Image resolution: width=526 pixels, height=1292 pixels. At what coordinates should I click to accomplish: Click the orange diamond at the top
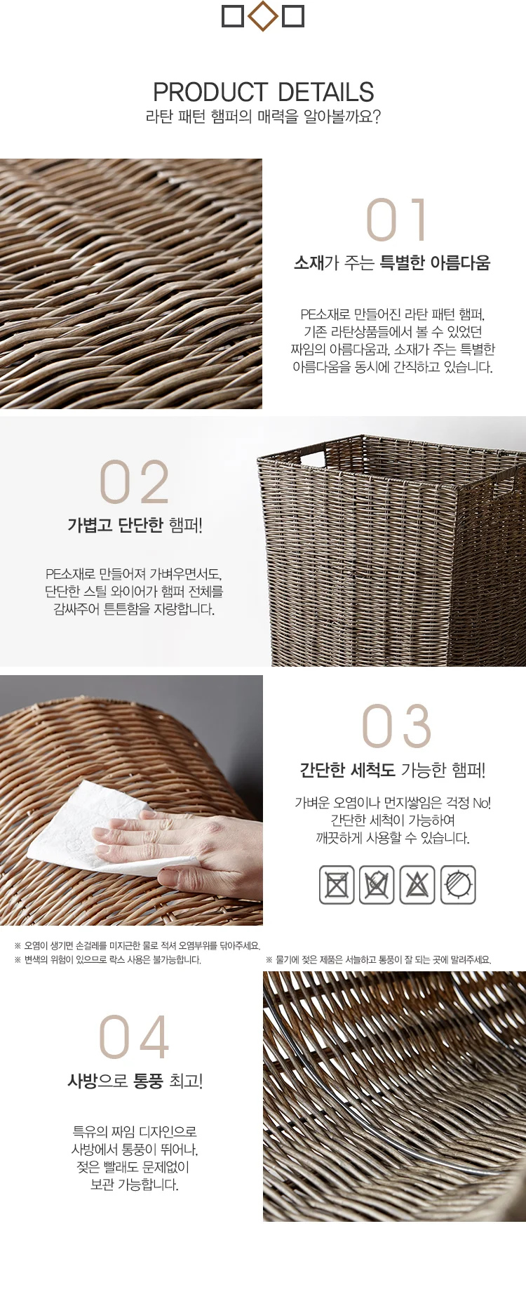coord(263,16)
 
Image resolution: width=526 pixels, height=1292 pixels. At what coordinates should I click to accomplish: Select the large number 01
coord(396,220)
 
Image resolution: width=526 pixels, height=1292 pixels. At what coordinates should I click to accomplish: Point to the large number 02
coord(134,482)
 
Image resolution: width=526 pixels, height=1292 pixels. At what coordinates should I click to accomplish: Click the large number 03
coord(396,726)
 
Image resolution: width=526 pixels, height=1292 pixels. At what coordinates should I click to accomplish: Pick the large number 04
coord(134,1037)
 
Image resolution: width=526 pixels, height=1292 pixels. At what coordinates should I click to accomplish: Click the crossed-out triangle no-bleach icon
coord(417,884)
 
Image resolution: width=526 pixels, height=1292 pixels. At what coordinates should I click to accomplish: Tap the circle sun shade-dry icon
coord(458,884)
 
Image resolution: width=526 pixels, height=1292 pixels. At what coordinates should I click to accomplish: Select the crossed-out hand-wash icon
coord(377,884)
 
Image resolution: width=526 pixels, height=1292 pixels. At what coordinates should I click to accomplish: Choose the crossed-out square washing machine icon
coord(337,884)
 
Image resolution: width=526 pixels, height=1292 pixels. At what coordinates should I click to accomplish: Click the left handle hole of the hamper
coord(313,459)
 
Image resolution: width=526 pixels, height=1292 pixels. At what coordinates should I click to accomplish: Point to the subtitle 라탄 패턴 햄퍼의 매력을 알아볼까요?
coord(263,116)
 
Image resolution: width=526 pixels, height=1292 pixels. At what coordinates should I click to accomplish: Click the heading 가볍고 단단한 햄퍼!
coord(135,525)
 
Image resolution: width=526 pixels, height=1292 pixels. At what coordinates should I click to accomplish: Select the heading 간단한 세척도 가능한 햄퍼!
coord(393,770)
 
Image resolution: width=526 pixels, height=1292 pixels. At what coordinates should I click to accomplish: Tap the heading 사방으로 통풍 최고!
coord(135,1081)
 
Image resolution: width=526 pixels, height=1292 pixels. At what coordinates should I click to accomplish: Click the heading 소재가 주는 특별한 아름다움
coord(392,262)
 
